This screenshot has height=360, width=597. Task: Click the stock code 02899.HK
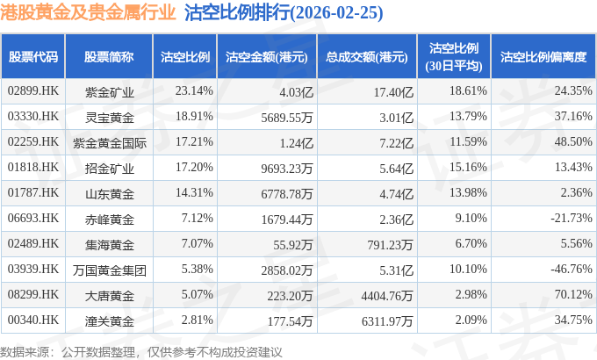[33, 90]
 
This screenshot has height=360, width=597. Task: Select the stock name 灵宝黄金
[109, 118]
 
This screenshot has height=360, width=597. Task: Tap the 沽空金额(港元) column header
[267, 57]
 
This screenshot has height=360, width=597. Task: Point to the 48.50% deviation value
[573, 141]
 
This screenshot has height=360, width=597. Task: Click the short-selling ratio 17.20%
[194, 167]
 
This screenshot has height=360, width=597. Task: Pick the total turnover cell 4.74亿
[396, 194]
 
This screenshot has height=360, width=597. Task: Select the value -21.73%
[572, 218]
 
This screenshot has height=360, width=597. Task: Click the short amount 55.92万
[292, 245]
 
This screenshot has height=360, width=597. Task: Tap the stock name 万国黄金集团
[109, 270]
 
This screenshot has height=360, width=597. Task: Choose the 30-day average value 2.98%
[471, 294]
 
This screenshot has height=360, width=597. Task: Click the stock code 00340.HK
[33, 320]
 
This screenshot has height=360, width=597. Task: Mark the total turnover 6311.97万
[387, 321]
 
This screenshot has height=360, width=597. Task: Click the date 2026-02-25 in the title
[336, 13]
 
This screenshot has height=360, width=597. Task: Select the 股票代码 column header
[33, 57]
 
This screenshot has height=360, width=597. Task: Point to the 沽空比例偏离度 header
[543, 57]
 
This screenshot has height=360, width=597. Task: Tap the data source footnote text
[141, 352]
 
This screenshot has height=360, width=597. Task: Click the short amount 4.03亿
[296, 92]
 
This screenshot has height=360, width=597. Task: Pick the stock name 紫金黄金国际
[109, 143]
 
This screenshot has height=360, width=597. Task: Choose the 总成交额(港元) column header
[367, 57]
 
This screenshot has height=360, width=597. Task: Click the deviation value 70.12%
[573, 294]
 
